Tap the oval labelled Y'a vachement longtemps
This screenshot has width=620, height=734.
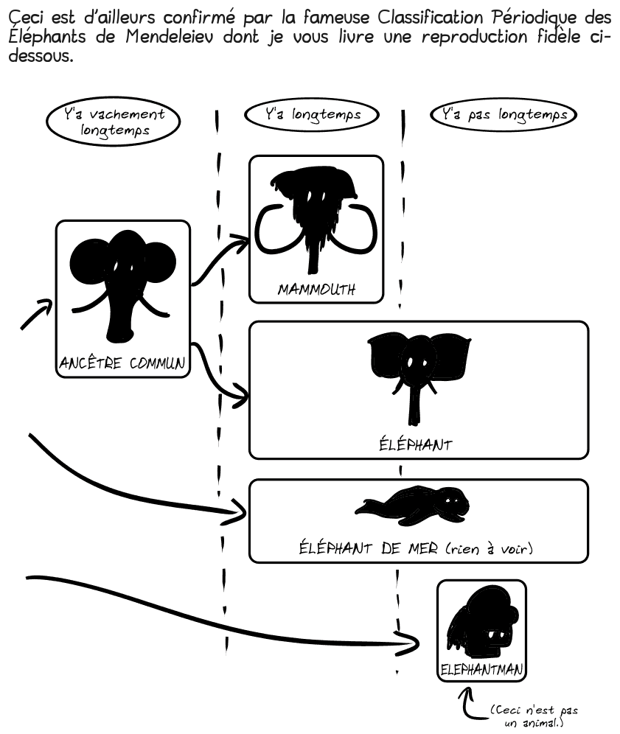pyautogui.click(x=114, y=122)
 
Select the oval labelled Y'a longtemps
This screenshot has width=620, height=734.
pyautogui.click(x=312, y=114)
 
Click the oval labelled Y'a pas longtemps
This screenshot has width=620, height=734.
pyautogui.click(x=504, y=114)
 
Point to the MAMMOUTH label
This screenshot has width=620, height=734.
pyautogui.click(x=316, y=290)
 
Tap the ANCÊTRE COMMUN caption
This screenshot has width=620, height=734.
pyautogui.click(x=122, y=363)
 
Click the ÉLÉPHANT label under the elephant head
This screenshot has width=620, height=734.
pyautogui.click(x=415, y=444)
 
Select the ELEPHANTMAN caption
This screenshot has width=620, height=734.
pyautogui.click(x=481, y=669)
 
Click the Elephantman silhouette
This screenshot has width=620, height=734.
pyautogui.click(x=481, y=623)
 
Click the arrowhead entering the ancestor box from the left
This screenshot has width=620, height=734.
pyautogui.click(x=46, y=304)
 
